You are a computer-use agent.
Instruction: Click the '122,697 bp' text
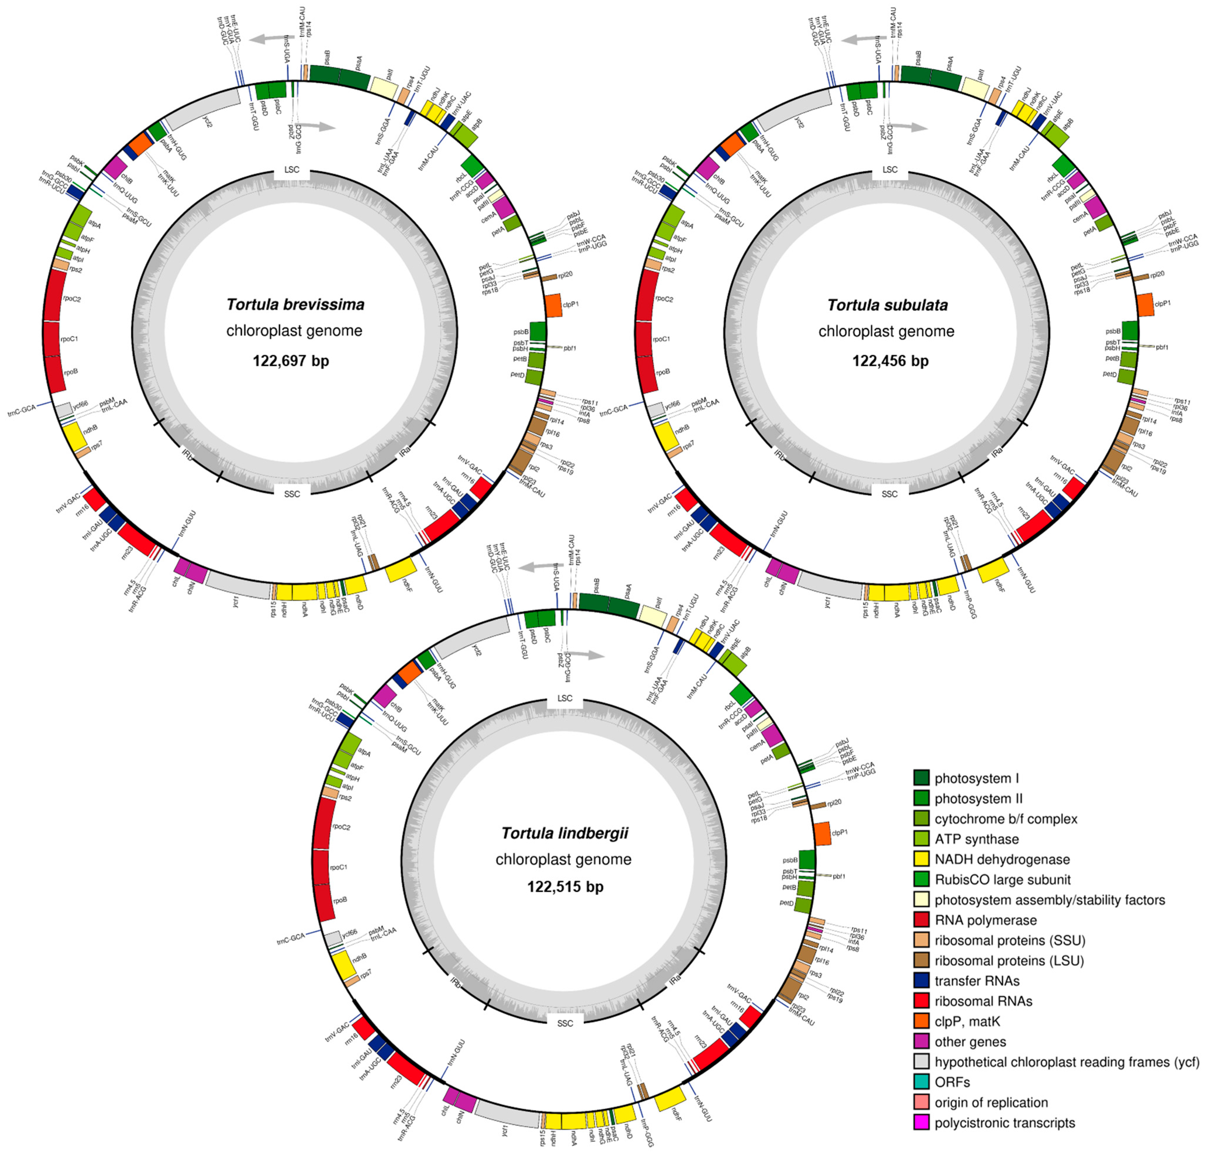(x=291, y=361)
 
